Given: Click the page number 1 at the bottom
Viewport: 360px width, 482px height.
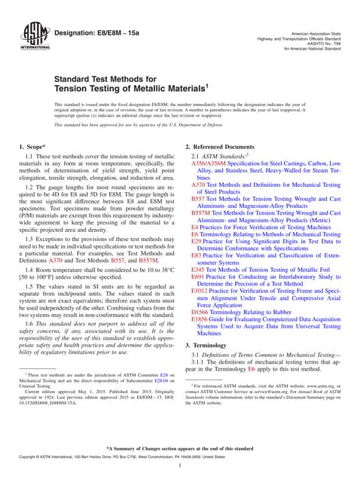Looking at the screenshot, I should (180, 467).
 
